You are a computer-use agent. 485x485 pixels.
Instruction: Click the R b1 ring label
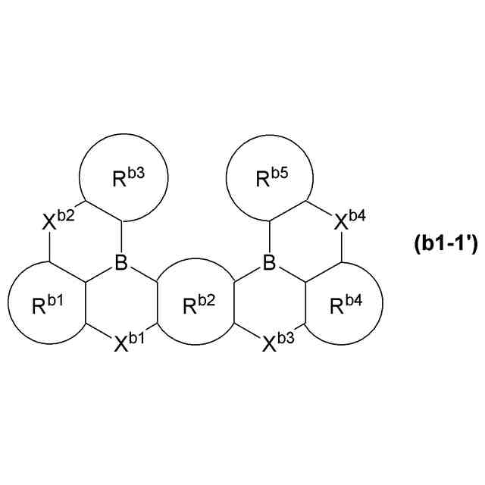pyautogui.click(x=48, y=305)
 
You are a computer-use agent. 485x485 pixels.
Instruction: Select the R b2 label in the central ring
pyautogui.click(x=195, y=305)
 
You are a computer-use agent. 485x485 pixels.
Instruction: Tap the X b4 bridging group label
pyautogui.click(x=351, y=221)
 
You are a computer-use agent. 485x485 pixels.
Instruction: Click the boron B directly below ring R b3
pyautogui.click(x=121, y=264)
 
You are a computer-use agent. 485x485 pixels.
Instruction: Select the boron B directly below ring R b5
pyautogui.click(x=269, y=264)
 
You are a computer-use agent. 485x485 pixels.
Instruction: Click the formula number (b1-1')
pyautogui.click(x=445, y=244)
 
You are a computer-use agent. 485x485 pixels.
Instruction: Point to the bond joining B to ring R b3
pyautogui.click(x=121, y=238)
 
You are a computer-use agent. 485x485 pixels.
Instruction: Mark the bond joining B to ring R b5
pyautogui.click(x=269, y=238)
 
